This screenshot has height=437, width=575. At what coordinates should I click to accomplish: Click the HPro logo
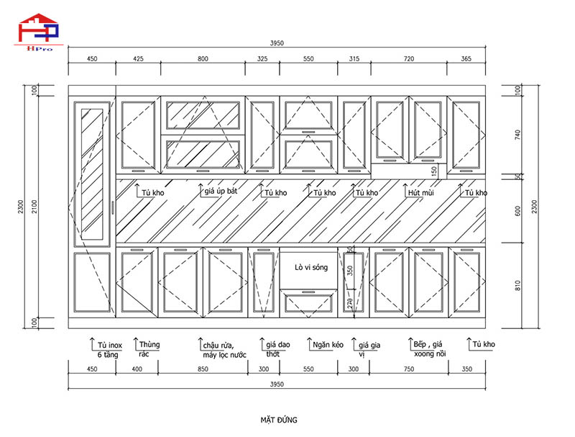pyautogui.click(x=40, y=30)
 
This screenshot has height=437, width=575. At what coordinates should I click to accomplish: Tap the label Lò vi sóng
pyautogui.click(x=310, y=267)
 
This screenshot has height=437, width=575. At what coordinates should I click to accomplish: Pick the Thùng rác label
pyautogui.click(x=149, y=349)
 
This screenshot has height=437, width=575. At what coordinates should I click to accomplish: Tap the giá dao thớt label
pyautogui.click(x=277, y=350)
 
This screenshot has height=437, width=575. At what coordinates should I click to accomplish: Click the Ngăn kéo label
pyautogui.click(x=328, y=345)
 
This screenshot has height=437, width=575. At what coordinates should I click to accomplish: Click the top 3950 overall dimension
pyautogui.click(x=277, y=43)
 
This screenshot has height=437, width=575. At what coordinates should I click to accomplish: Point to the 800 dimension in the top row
pyautogui.click(x=203, y=59)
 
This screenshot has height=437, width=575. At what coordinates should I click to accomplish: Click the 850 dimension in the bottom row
pyautogui.click(x=203, y=369)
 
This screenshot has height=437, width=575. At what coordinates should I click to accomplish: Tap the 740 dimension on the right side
pyautogui.click(x=519, y=134)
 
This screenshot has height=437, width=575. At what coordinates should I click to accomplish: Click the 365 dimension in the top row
pyautogui.click(x=466, y=59)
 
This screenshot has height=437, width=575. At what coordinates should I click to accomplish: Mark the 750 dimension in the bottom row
pyautogui.click(x=409, y=369)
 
